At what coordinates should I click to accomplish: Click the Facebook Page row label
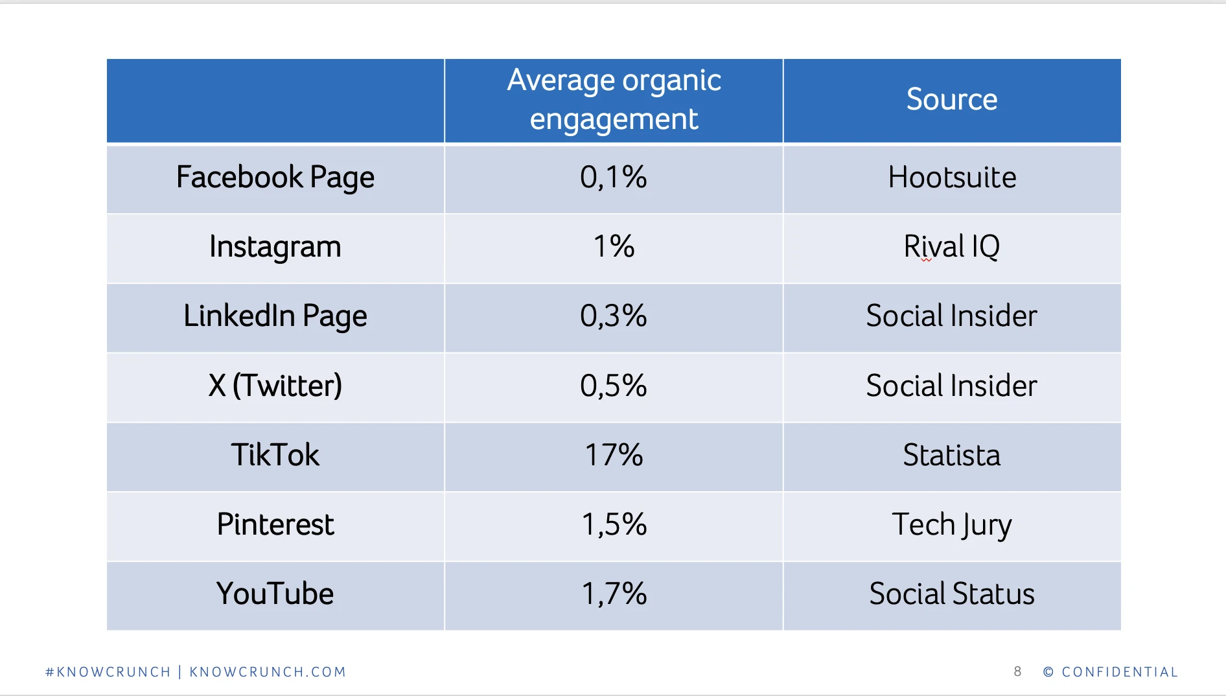click(x=275, y=178)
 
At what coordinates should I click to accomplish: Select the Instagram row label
click(x=275, y=247)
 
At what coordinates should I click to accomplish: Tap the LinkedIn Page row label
click(x=275, y=316)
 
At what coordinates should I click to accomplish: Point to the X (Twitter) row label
click(x=275, y=386)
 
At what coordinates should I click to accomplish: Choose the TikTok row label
click(x=275, y=455)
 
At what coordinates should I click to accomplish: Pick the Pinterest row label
click(x=275, y=524)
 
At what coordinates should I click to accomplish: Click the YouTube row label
click(x=275, y=594)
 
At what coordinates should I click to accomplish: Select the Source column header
click(x=952, y=99)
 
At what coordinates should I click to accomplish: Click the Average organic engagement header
click(x=614, y=99)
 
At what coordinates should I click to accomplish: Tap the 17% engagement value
click(x=614, y=455)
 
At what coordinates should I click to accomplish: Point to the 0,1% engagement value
click(x=614, y=178)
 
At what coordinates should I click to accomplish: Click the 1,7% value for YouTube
click(x=614, y=594)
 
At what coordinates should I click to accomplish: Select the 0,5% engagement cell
click(x=614, y=386)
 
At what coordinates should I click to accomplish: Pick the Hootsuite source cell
click(x=952, y=178)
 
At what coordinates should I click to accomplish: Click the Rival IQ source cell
click(x=952, y=247)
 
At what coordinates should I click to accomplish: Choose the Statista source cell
click(x=952, y=455)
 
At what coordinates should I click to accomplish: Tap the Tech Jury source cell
click(x=952, y=524)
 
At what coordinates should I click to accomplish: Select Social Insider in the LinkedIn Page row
click(x=952, y=316)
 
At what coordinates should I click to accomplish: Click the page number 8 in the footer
click(x=1017, y=672)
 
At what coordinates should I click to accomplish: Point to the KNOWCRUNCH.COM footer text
click(x=268, y=672)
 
